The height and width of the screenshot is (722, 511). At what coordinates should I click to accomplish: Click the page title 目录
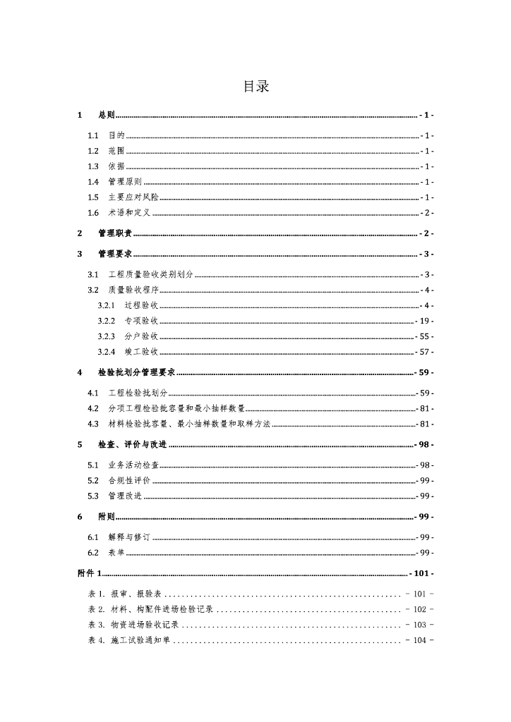point(255,87)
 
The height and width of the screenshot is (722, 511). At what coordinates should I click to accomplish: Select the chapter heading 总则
point(107,115)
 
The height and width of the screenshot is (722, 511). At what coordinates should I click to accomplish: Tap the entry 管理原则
point(125,182)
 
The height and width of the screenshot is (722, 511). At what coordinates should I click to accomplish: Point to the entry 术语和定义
point(129,213)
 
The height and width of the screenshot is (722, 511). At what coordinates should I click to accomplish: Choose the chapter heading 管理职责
point(115,233)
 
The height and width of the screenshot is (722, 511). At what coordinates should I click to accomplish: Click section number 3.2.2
point(107,321)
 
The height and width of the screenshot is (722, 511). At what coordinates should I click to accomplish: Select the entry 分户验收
point(141,336)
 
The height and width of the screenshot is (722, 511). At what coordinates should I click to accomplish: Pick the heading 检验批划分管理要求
point(137,372)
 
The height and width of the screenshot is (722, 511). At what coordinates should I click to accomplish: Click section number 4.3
point(93,424)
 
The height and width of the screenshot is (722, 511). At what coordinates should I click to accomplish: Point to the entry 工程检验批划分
point(138,393)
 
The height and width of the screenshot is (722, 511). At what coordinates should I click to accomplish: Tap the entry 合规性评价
point(129,480)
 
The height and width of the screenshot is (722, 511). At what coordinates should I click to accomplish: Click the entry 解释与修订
point(129,537)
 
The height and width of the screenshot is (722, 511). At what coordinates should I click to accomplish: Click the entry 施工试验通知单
point(140,640)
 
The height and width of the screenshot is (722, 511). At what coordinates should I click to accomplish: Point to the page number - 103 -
point(420,625)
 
